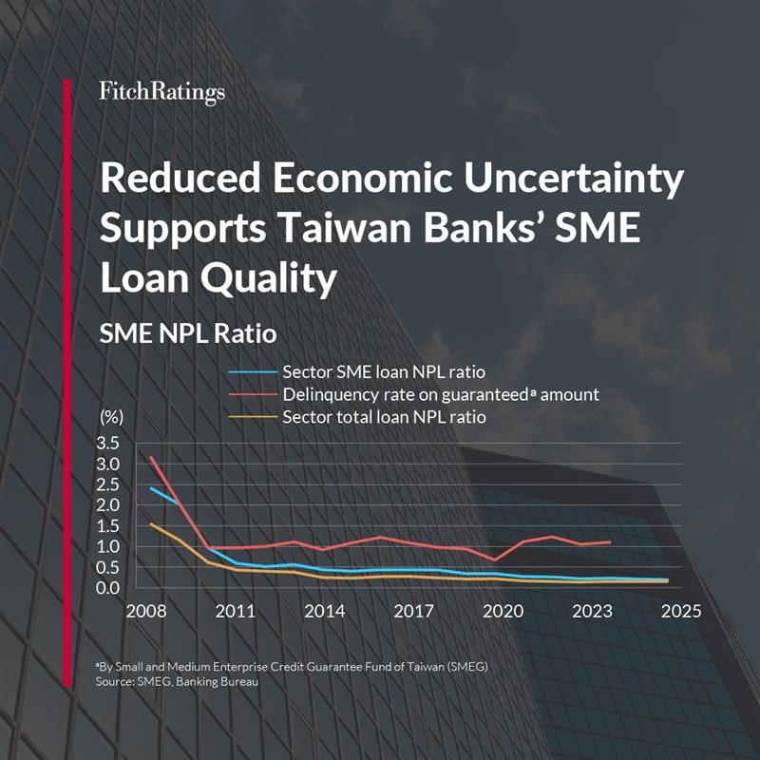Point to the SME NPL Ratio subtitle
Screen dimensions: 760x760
pos(176,334)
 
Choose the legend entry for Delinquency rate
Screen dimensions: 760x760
pos(441,394)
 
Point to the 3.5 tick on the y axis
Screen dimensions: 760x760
pos(108,444)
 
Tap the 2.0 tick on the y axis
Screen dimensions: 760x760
pos(108,505)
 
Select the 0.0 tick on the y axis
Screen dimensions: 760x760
pos(108,587)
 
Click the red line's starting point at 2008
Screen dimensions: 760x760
pos(152,457)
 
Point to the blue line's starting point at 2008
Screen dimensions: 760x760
pos(152,488)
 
